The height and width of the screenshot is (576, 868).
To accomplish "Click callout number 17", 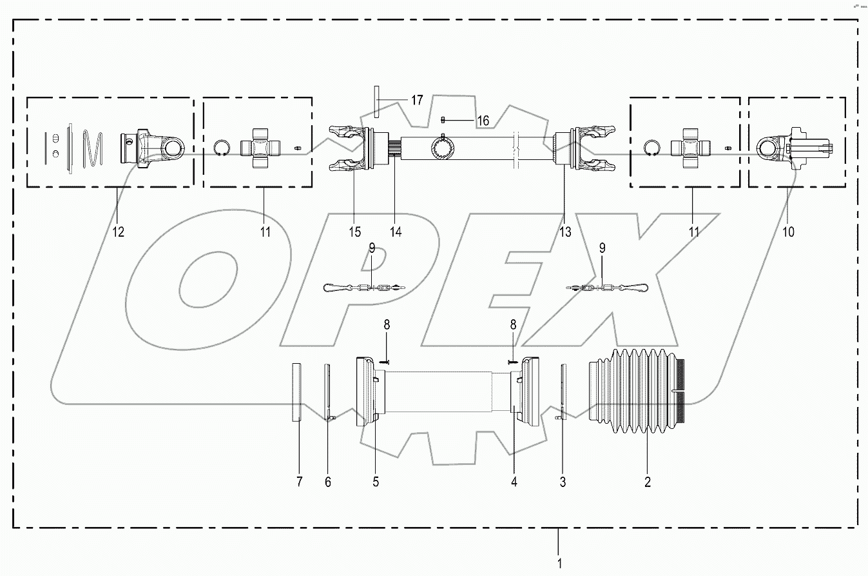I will pos(417,100).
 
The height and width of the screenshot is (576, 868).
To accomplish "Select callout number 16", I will pos(483,120).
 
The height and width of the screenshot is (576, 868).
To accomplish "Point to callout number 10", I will pos(789,232).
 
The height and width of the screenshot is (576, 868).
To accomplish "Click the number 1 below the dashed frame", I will pos(559,563).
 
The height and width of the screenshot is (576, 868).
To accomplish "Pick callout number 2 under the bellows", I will pos(648,482).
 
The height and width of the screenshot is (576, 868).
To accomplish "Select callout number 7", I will pos(299,482).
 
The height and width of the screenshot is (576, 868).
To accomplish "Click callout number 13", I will pos(564,232).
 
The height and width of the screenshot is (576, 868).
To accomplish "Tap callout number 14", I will pos(396,232).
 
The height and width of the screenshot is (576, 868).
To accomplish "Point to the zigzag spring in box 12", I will pos(95,148).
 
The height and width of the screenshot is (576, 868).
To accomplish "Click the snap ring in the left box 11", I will pos(221,148).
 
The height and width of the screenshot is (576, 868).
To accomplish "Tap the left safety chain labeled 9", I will pos(364,288).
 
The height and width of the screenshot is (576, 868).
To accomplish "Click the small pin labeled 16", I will pos(444,119).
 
